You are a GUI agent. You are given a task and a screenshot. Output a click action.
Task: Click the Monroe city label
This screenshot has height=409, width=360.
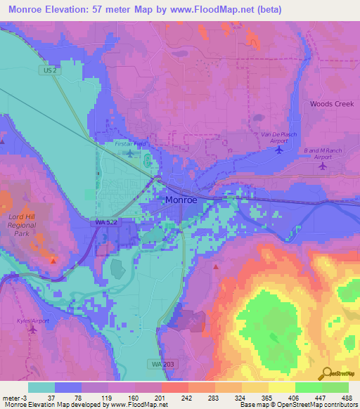[x=186, y=200]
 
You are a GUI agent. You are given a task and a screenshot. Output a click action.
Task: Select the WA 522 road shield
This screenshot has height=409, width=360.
[x=105, y=222]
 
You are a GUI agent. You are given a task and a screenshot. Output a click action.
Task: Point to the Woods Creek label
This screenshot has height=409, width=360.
[x=332, y=104]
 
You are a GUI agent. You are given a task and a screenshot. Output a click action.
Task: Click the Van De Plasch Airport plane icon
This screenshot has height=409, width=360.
[x=280, y=149]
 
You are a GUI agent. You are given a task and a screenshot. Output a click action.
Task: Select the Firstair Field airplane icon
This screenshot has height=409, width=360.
[x=129, y=152]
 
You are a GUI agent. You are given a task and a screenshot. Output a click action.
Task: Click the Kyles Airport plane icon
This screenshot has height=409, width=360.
[x=32, y=329]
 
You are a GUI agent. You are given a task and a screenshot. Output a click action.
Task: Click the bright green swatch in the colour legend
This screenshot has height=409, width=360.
[x=307, y=387]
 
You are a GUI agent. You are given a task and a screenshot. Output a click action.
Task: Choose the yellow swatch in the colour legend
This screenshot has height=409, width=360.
[x=281, y=387]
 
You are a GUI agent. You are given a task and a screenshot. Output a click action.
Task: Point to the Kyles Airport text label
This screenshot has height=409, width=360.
[x=32, y=320]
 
